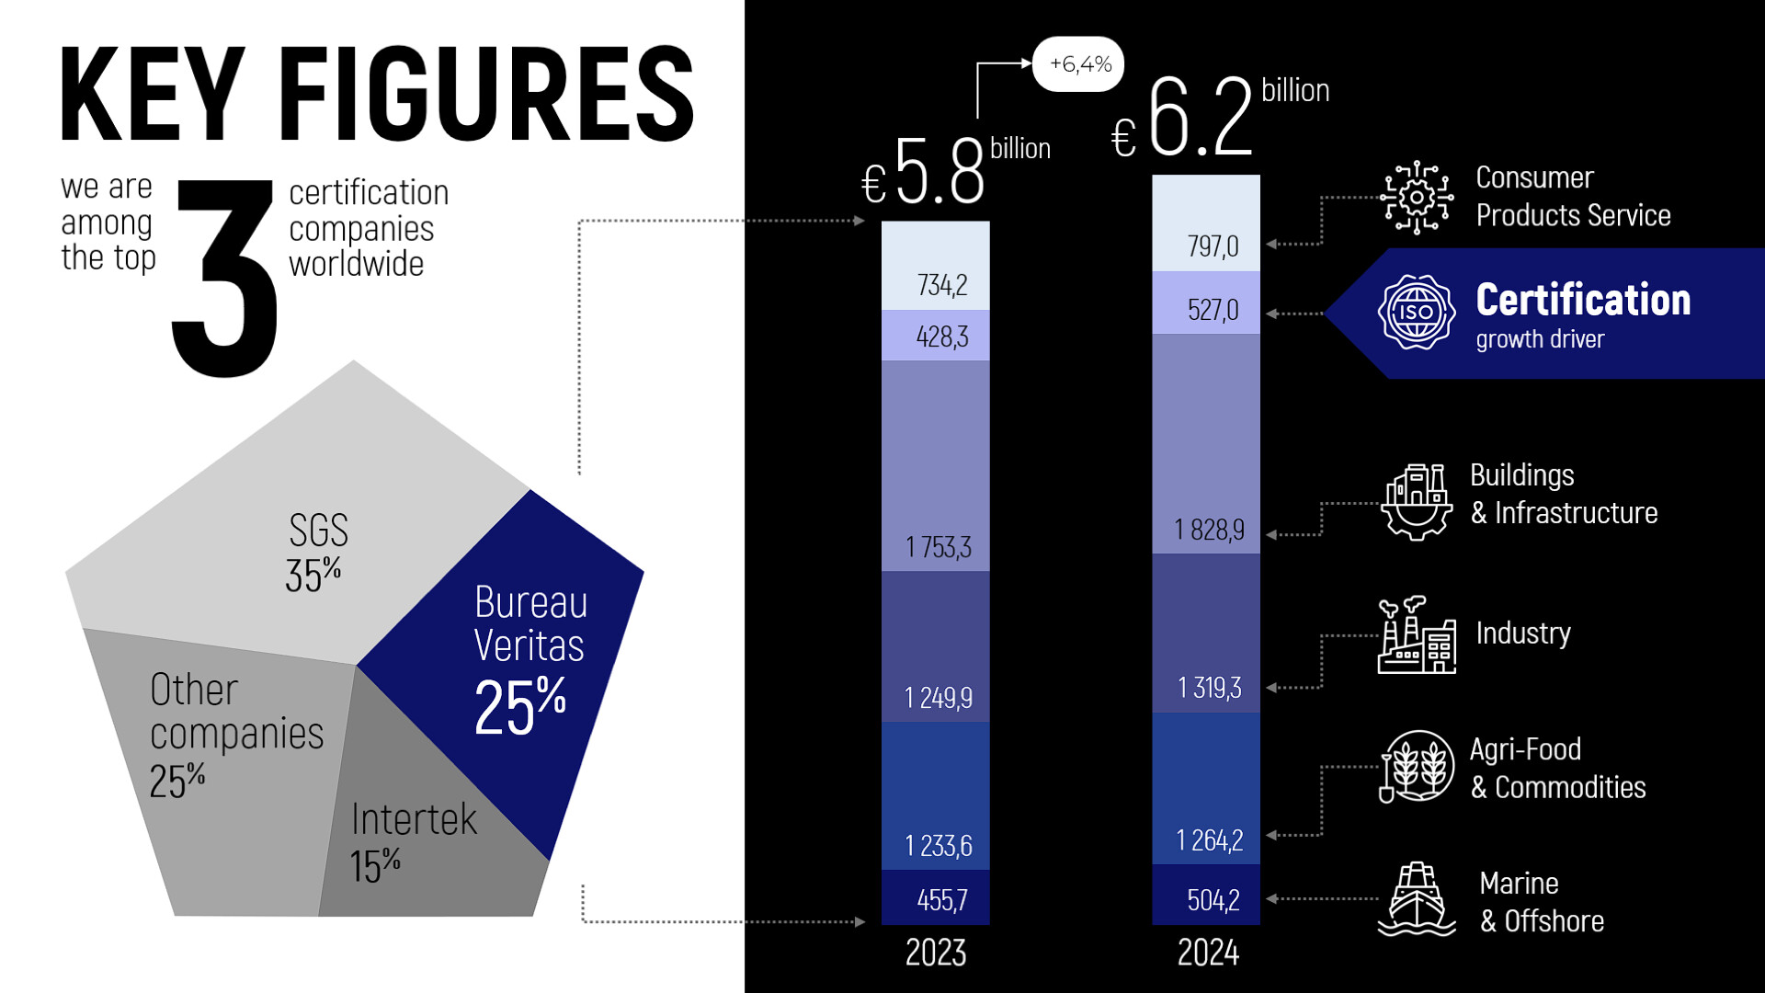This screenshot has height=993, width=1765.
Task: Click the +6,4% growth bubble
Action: click(1079, 64)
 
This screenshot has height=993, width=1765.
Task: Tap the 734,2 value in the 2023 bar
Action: click(941, 285)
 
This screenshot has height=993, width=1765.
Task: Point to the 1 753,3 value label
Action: click(938, 547)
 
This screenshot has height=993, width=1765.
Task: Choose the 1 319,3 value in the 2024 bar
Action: click(1209, 688)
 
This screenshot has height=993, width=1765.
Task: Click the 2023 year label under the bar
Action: click(935, 953)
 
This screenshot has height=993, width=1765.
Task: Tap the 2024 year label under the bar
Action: click(1207, 953)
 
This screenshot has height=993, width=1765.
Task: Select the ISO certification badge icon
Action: click(1416, 313)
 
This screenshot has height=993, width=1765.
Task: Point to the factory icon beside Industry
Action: click(1416, 635)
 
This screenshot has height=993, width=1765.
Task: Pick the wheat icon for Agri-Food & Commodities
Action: click(1416, 767)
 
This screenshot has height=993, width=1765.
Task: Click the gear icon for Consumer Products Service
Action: click(1416, 198)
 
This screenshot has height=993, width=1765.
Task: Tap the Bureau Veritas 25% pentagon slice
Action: click(515, 662)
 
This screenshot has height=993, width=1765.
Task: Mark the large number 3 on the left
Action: click(225, 276)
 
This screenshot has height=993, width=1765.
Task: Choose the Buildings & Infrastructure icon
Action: click(1416, 502)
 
